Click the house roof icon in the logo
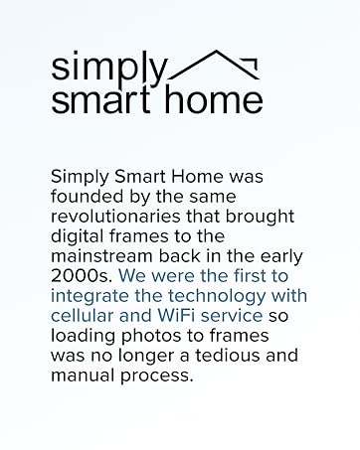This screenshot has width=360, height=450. point(217,64)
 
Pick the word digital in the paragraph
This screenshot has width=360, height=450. point(76,235)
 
